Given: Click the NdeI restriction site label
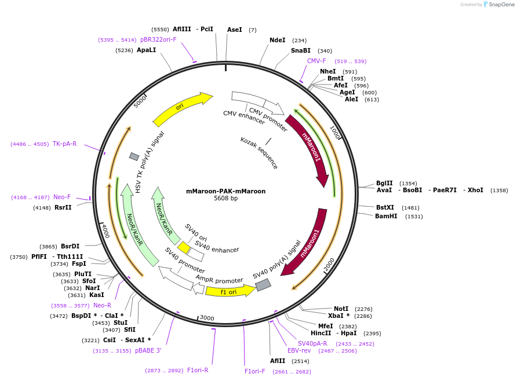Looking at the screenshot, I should pos(278,41).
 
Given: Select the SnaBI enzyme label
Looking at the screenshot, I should pos(301,51).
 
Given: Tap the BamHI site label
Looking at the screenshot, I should pos(386,217).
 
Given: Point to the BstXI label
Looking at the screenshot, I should pos(385,207).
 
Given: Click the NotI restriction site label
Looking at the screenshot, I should pos(341,309).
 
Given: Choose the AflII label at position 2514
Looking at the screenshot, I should pos(278,361).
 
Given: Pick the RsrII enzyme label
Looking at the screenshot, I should pos(63,207).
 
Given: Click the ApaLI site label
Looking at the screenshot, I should pos(146,50).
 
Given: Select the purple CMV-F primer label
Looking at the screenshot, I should pos(316,61).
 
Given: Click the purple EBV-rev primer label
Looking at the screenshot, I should pos(299,350).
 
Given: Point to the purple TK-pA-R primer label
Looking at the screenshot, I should pos(64,144).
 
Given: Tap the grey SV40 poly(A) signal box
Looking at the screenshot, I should pos(263,285).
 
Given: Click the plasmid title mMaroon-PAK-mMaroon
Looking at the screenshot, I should pos(225,191).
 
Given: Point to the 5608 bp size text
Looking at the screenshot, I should pos(225,199).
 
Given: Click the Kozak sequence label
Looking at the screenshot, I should pos(259,153).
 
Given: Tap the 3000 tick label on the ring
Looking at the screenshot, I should pos(207,318).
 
